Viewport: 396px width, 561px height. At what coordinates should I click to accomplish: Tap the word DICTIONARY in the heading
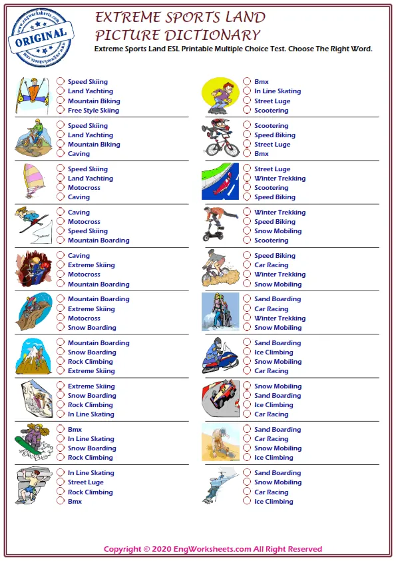click(x=216, y=35)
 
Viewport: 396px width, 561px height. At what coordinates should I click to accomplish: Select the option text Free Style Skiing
click(x=93, y=111)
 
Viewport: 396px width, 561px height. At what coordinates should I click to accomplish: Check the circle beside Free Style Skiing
click(x=61, y=111)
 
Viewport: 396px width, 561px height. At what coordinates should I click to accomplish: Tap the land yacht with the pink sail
click(x=33, y=181)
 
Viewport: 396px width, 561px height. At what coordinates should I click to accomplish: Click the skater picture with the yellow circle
click(x=220, y=95)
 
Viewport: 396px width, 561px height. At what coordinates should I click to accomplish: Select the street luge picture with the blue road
click(x=220, y=181)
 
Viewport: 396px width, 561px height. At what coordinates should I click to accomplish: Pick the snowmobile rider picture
click(x=220, y=356)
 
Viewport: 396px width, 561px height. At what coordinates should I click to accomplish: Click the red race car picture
click(x=220, y=399)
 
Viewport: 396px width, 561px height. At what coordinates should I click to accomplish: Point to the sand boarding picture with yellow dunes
click(x=220, y=442)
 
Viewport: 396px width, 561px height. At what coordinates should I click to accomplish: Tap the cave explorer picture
click(x=33, y=269)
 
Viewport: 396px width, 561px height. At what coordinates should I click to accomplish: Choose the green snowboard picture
click(x=33, y=442)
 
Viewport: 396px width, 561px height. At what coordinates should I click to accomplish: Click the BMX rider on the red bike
click(x=220, y=138)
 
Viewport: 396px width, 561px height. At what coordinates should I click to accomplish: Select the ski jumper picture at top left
click(x=33, y=95)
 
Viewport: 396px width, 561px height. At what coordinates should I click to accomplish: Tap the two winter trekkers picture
click(x=220, y=312)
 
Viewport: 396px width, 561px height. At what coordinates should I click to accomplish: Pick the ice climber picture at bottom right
click(x=220, y=486)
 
